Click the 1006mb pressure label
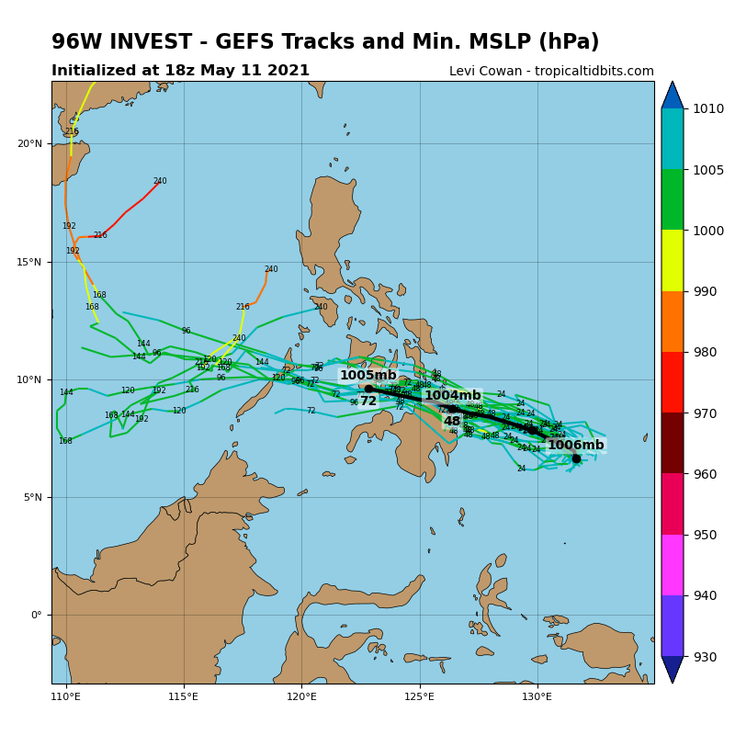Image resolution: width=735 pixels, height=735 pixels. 576,446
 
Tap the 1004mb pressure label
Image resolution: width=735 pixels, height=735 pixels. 452,396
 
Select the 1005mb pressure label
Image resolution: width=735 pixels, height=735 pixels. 368,376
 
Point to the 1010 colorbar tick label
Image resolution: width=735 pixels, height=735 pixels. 708,108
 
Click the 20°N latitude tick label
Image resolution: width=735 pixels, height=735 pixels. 29,143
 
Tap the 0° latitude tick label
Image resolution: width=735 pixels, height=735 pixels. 36,615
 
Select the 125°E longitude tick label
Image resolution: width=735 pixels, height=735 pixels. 420,696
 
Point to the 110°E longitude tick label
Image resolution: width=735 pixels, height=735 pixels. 66,696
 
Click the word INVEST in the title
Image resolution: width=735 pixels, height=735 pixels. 164,42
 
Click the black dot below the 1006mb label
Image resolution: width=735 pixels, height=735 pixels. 576,458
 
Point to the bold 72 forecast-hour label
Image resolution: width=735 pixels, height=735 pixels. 368,401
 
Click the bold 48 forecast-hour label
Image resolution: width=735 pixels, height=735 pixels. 452,422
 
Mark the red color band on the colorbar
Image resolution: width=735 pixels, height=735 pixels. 673,382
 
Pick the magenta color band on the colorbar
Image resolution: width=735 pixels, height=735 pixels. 673,565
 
